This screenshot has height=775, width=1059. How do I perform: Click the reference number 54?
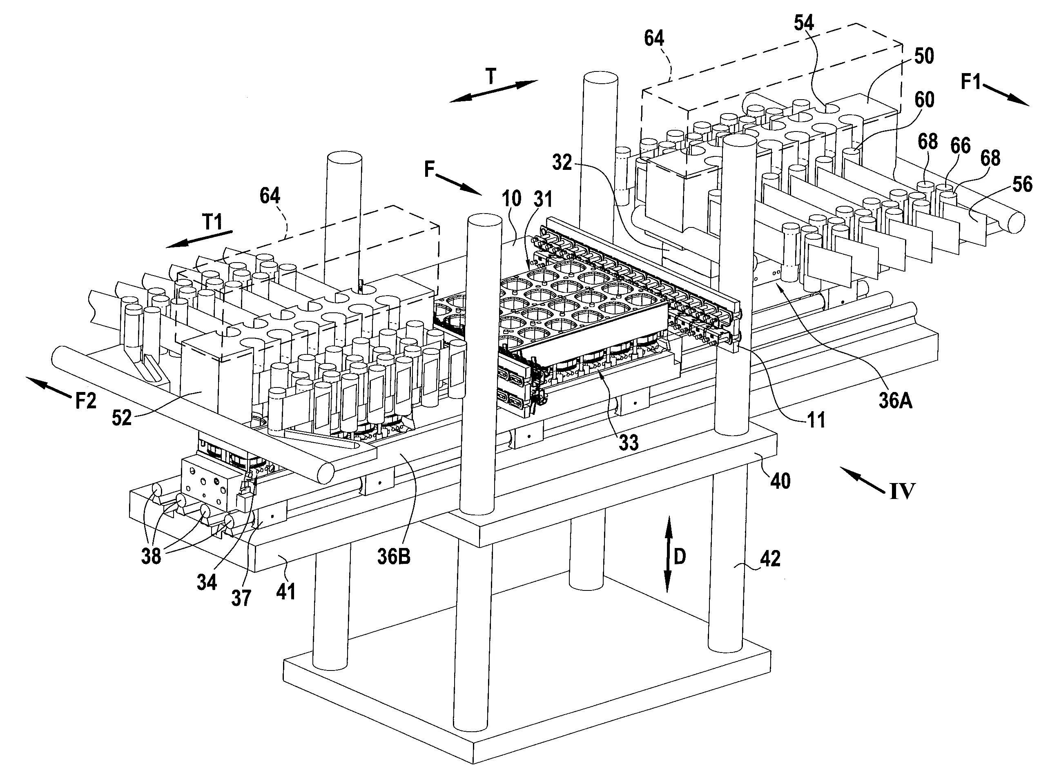coord(804,22)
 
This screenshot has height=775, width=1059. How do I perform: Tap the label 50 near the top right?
coord(924,56)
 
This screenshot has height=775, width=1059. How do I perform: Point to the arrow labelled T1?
coord(201,238)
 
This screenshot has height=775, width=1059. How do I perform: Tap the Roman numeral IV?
coord(902,492)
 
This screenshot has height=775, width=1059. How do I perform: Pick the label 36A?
coord(895,401)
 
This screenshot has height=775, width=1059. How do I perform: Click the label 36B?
coord(394,557)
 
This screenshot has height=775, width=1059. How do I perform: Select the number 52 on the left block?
coord(122,418)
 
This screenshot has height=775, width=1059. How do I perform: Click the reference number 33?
coord(628,442)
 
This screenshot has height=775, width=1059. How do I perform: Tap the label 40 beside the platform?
coord(780,481)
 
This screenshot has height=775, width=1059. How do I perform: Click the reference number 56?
coord(1022,185)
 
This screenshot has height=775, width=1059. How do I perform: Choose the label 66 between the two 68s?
coord(960,146)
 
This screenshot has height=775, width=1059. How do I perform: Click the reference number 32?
coord(562,163)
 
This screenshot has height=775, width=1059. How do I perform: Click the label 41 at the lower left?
coord(286,592)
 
